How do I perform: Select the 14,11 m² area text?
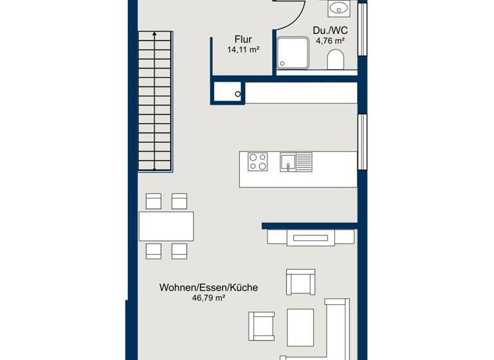click(242, 50)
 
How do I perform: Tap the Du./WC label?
click(330, 30)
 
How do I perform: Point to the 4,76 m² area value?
click(330, 40)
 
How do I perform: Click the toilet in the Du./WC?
click(336, 61)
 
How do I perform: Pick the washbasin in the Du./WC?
click(338, 8)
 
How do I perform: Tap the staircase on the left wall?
click(155, 101)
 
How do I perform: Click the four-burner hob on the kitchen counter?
click(258, 161)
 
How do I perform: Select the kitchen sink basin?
click(288, 161)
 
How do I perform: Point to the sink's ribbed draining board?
click(304, 161)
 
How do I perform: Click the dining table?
click(166, 226)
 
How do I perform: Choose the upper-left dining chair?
click(154, 201)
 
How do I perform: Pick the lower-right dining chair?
click(179, 251)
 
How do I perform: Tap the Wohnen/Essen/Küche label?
click(208, 288)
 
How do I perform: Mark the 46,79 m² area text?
click(208, 298)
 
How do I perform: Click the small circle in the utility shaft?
click(238, 94)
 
